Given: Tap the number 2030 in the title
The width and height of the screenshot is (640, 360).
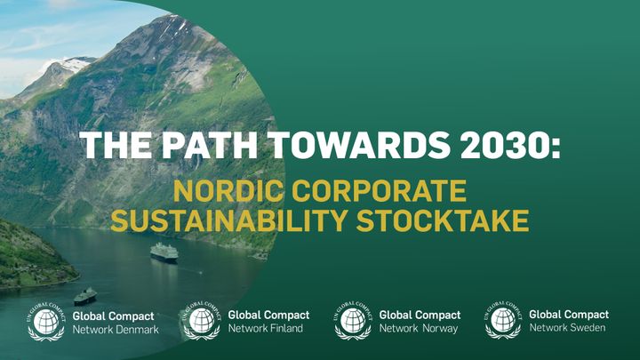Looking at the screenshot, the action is point(504,145).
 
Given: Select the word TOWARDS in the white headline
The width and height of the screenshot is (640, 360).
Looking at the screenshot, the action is point(359,145).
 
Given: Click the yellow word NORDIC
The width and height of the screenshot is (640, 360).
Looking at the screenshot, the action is point(228,190).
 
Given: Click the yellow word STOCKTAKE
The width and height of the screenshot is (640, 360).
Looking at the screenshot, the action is point(443,220).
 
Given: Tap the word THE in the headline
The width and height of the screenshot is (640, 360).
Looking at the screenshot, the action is point(116,145).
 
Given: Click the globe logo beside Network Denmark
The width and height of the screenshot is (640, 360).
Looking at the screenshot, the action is point(46,322).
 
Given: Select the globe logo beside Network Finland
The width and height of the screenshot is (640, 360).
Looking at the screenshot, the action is point(202,321).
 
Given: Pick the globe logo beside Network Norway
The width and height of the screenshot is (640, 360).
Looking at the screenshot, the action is point(353,321).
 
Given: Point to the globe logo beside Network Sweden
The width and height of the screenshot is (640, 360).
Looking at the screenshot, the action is point(503,320).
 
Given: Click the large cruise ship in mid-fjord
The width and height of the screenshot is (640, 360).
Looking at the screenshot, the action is point(164,252).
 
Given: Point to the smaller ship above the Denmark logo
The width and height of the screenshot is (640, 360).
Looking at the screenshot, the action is point(85,297).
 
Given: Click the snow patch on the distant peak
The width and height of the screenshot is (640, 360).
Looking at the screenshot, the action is point(76,63).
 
